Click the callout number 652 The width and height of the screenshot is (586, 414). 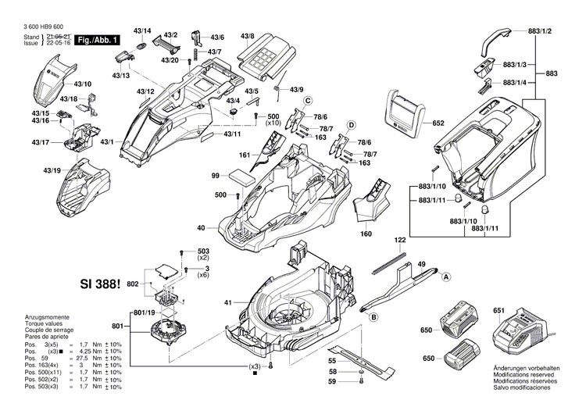(x=438, y=123)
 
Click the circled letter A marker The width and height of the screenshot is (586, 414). (x=447, y=277)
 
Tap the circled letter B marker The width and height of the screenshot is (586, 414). (x=373, y=316)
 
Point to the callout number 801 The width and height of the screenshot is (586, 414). (x=117, y=326)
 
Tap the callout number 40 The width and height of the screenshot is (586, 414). (x=201, y=227)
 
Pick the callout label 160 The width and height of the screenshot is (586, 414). (x=365, y=233)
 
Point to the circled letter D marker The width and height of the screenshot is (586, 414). (x=352, y=125)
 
